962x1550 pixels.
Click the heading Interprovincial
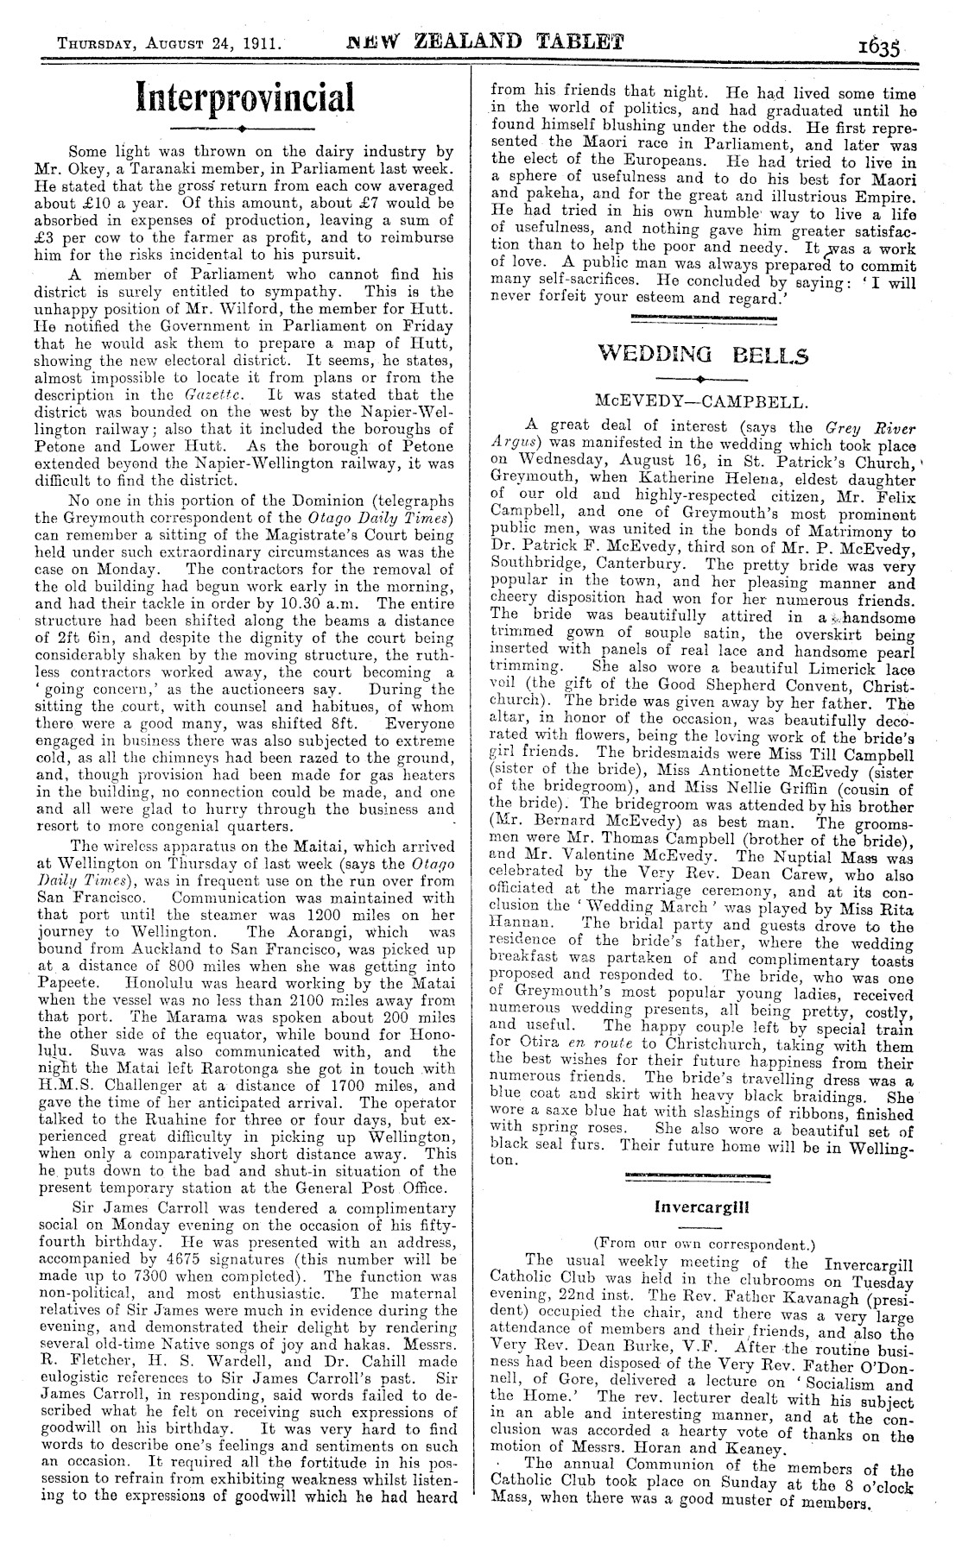coord(244,97)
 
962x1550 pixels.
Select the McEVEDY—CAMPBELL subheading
coord(701,401)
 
